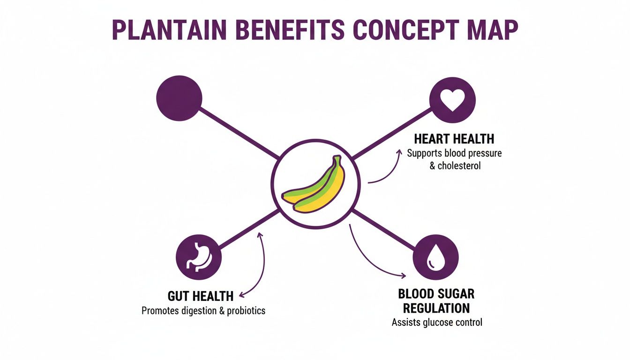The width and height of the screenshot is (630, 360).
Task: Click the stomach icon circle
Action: coord(199,257)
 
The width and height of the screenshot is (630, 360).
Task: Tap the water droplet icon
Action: coord(435,257)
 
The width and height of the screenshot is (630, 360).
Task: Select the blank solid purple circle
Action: coord(179,99)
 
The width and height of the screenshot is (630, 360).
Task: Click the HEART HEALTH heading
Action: coord(454,139)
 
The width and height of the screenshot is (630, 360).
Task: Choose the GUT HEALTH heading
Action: coord(200,296)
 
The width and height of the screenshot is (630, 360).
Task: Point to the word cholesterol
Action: coord(459,166)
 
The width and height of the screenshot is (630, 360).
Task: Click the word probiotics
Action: coord(246,311)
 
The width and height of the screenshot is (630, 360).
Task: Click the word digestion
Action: coord(198,311)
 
